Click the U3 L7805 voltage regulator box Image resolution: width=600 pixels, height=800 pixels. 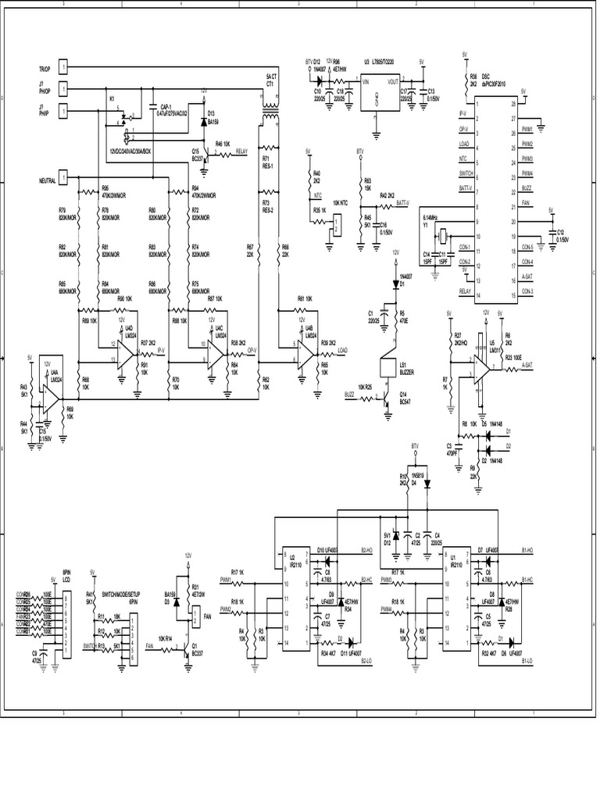[379, 93]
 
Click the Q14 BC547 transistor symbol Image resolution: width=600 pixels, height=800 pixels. [385, 399]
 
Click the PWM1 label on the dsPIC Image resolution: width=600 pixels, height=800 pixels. [528, 130]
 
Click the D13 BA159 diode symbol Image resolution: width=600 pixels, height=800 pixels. [204, 123]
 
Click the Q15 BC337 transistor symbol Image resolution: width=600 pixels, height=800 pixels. [202, 154]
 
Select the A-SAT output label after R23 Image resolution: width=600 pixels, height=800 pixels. [528, 365]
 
